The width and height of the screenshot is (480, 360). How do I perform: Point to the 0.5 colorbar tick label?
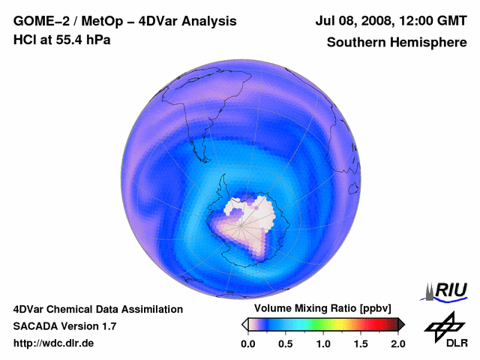coord(285,343)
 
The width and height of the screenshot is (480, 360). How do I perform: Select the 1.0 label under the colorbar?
coord(322,343)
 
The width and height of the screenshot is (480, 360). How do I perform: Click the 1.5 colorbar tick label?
coord(361,343)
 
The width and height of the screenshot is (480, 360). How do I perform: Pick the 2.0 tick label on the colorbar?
coord(397,343)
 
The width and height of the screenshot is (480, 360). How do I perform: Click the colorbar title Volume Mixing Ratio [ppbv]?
coord(322,309)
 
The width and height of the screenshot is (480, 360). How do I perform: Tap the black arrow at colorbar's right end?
coord(400,324)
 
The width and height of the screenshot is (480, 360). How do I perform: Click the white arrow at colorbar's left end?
coord(244,324)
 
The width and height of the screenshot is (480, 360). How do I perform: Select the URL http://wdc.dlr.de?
coord(54,343)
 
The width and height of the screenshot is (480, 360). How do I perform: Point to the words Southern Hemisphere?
coord(396,43)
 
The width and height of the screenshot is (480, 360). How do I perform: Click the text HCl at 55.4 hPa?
coord(61,40)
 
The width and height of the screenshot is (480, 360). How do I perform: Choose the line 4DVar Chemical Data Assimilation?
coord(98,309)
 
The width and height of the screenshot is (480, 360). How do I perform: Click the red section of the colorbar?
coord(371,324)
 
